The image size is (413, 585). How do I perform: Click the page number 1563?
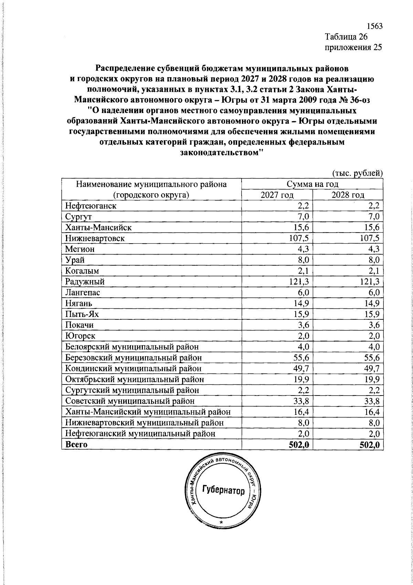[374, 26]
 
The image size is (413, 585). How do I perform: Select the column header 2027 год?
[277, 195]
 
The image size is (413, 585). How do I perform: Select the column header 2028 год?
[348, 195]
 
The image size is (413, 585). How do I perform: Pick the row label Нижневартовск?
[95, 238]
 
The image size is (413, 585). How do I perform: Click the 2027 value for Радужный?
[300, 281]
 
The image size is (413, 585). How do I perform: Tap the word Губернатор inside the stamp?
[223, 490]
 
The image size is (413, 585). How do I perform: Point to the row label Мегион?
[80, 249]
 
